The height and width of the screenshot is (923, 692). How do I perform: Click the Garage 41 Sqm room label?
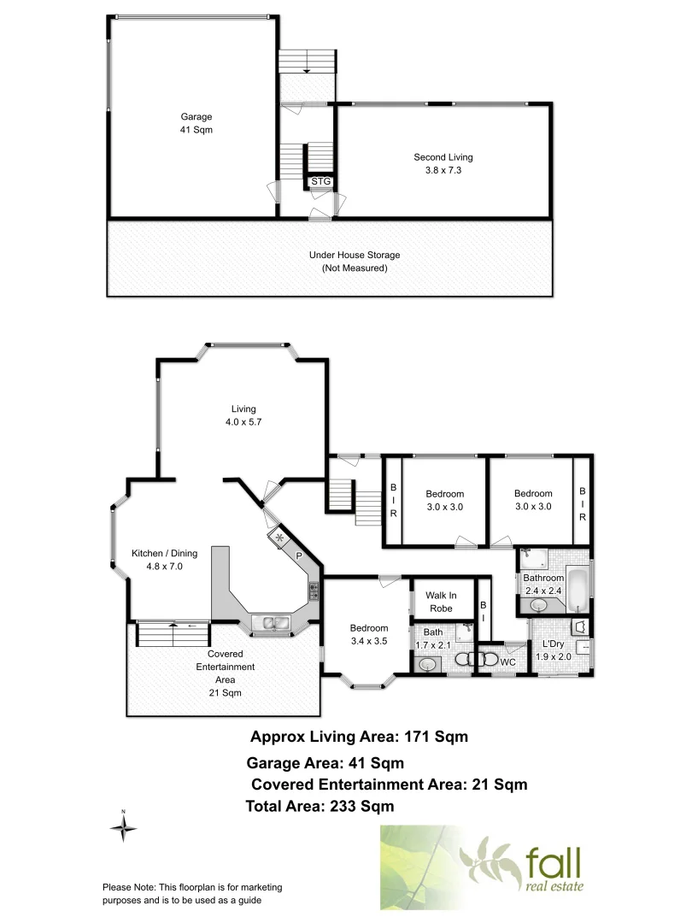196,123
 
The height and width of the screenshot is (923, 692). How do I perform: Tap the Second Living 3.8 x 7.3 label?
443,163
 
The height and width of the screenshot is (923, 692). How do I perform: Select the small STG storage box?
320,182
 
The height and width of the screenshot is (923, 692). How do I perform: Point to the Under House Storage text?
355,262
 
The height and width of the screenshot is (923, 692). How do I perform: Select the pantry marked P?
299,556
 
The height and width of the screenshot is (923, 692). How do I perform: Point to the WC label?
507,662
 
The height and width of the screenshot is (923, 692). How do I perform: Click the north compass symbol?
124,826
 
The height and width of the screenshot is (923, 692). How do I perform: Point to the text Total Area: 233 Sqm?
320,805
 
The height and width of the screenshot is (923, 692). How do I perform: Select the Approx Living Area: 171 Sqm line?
359,736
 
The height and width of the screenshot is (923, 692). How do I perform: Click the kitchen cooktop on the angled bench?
314,590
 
